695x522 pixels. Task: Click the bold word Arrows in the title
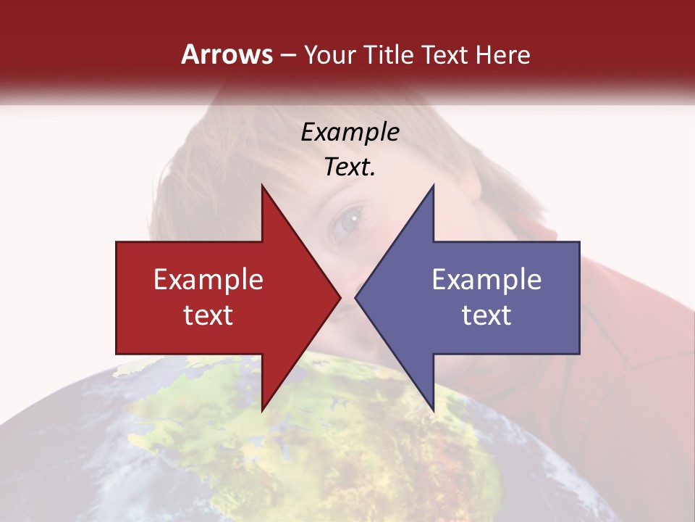point(227,54)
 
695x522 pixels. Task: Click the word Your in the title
point(329,54)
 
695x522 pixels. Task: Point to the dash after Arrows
point(287,55)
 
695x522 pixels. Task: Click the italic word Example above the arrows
point(350,132)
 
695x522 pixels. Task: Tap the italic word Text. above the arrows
point(350,167)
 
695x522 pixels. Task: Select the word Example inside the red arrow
point(208,279)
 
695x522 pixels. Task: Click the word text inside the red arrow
point(208,315)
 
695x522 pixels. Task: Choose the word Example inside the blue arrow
point(486,279)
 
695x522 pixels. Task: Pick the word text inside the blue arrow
point(486,315)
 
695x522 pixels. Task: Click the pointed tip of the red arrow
point(340,297)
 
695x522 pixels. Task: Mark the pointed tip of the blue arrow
point(355,297)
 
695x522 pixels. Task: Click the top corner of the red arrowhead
point(262,186)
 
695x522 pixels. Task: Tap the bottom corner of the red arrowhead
point(262,410)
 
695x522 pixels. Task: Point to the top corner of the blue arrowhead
point(433,186)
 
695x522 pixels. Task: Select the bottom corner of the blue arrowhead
point(433,410)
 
